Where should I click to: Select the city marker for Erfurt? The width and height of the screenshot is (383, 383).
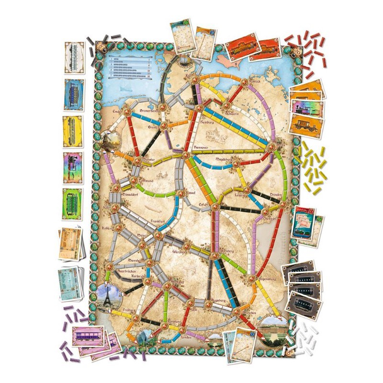[x=214, y=207]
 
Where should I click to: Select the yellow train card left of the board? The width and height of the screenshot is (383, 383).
[x=72, y=130]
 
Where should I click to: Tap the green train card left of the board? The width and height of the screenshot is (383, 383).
[x=72, y=203]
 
